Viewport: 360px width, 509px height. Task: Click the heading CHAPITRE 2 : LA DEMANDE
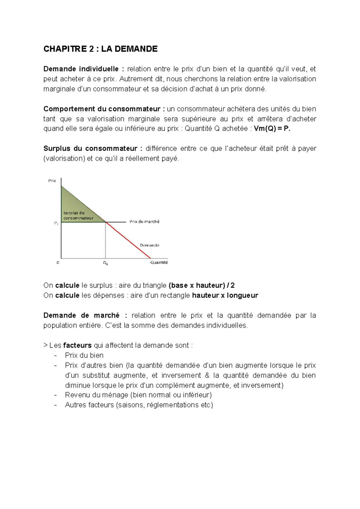(x=100, y=49)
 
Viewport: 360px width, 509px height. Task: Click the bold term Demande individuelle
(x=81, y=69)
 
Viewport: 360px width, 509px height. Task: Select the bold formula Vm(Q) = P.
(x=272, y=129)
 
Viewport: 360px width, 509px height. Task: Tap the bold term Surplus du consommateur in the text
(x=90, y=148)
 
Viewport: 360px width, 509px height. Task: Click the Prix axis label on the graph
(x=52, y=181)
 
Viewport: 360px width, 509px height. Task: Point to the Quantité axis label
(x=159, y=262)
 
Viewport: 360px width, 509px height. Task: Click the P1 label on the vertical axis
(x=56, y=223)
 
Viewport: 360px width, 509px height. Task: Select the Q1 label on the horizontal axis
(x=106, y=263)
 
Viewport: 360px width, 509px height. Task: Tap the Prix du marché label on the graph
(x=144, y=222)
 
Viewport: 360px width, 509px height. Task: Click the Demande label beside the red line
(x=149, y=245)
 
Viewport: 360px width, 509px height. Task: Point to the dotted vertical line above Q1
(x=105, y=240)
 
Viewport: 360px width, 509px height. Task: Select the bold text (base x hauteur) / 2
(x=202, y=285)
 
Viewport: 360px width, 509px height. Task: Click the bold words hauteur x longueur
(x=225, y=295)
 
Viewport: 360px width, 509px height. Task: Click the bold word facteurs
(x=77, y=346)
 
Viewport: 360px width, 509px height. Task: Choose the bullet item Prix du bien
(x=84, y=355)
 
